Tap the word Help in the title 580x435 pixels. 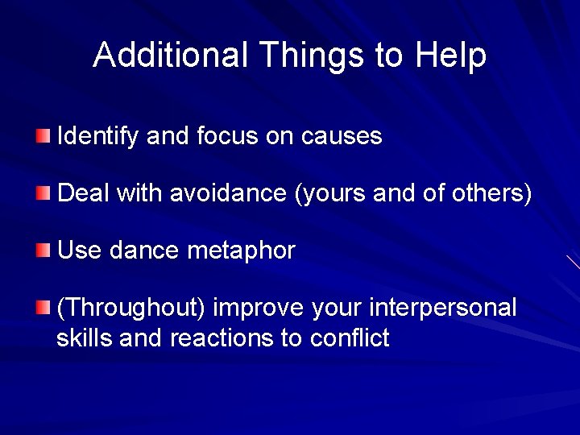(x=451, y=55)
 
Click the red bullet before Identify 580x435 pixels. (x=43, y=135)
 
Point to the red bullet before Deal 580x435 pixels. (x=43, y=193)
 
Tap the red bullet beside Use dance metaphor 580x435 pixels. (x=43, y=250)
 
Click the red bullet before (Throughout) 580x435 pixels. (x=43, y=307)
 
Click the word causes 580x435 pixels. (x=342, y=135)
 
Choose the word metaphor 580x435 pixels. (x=242, y=251)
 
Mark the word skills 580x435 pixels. (x=85, y=338)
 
